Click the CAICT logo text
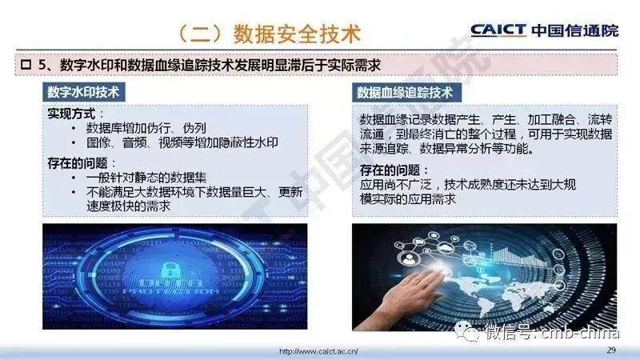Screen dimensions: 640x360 pyautogui.click(x=498, y=30)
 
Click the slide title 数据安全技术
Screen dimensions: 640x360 pyautogui.click(x=297, y=34)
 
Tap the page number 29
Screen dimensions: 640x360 pyautogui.click(x=611, y=350)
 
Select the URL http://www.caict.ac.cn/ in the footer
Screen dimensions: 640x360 pyautogui.click(x=318, y=351)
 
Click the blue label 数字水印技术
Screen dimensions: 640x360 pyautogui.click(x=83, y=92)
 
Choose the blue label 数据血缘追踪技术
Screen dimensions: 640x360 pyautogui.click(x=406, y=92)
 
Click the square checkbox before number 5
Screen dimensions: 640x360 pyautogui.click(x=26, y=65)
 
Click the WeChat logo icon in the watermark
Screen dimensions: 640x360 pyautogui.click(x=467, y=331)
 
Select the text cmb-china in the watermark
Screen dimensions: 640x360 pyautogui.click(x=580, y=333)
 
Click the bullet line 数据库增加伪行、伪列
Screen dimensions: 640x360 pyautogui.click(x=146, y=128)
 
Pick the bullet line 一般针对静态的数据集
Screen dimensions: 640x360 pyautogui.click(x=146, y=178)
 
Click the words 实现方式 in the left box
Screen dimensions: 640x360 pyautogui.click(x=71, y=114)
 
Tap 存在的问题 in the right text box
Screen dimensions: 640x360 pyautogui.click(x=390, y=170)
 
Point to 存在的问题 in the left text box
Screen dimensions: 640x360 pyautogui.click(x=78, y=163)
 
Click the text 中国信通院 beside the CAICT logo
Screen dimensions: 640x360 pyautogui.click(x=575, y=30)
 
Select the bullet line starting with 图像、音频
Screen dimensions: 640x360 pyautogui.click(x=182, y=143)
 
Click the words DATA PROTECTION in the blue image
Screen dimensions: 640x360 pyautogui.click(x=171, y=286)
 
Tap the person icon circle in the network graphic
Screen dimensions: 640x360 pyautogui.click(x=408, y=258)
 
